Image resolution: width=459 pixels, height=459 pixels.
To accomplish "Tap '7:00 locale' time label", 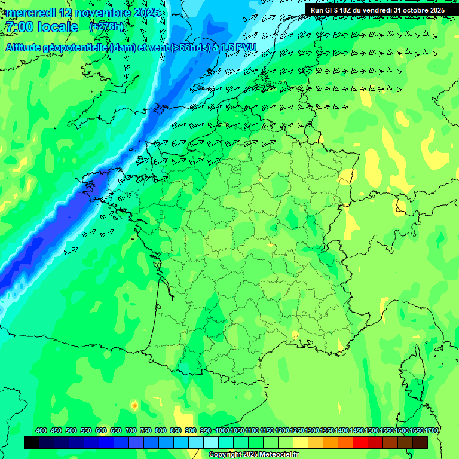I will click(x=41, y=27).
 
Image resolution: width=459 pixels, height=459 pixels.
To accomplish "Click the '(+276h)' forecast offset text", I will click(x=106, y=27).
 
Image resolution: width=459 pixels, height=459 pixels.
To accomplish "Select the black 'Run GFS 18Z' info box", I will click(x=378, y=10).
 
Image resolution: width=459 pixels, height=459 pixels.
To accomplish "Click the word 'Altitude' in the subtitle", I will click(x=28, y=47).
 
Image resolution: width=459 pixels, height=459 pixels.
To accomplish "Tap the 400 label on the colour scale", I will click(x=41, y=430).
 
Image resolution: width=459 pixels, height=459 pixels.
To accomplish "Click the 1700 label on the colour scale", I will click(x=432, y=430).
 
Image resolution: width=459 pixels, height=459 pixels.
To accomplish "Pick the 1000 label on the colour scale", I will click(x=222, y=430).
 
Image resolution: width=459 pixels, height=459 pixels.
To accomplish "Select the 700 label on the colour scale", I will click(x=131, y=430).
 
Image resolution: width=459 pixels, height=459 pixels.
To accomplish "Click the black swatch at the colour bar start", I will click(x=32, y=442).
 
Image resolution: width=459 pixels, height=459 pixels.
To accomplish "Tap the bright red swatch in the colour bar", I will click(x=360, y=442).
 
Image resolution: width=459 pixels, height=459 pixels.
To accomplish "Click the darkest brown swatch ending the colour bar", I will click(x=420, y=442).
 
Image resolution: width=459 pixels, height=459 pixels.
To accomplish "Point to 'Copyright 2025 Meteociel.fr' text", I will click(x=253, y=455).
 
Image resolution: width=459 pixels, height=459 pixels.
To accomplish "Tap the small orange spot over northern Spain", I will click(x=134, y=405).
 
